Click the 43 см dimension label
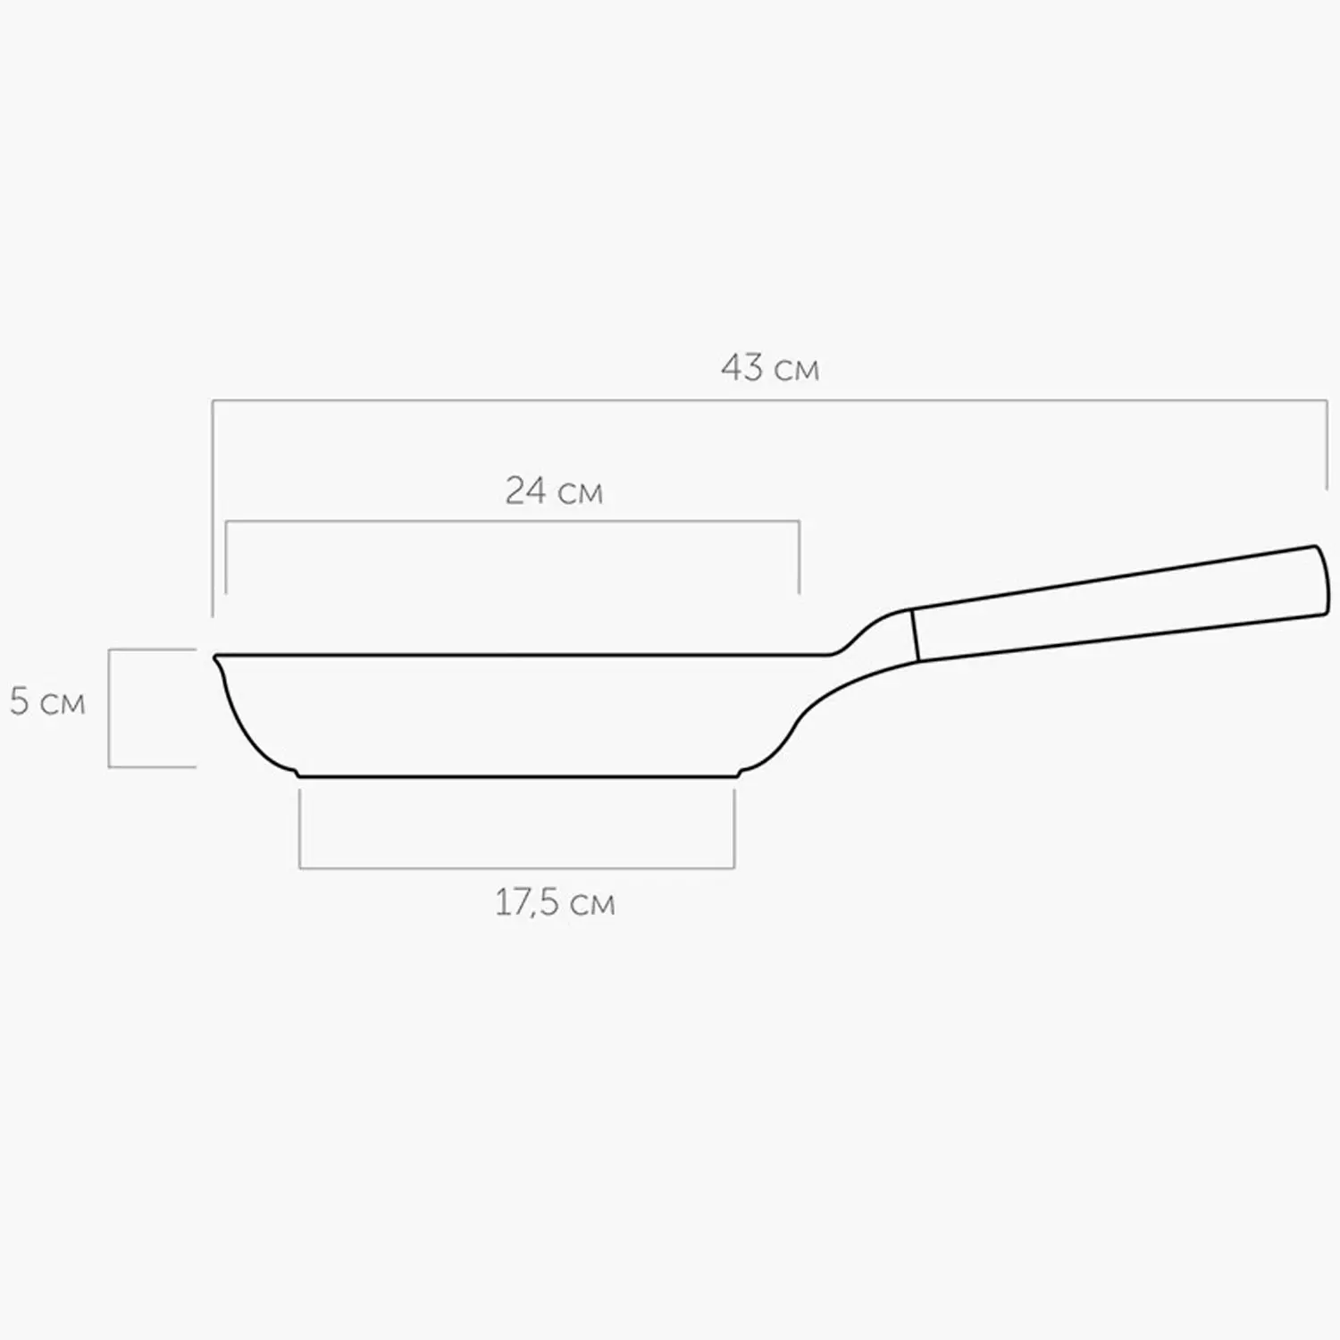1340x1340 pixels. pyautogui.click(x=770, y=367)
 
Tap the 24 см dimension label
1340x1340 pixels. pyautogui.click(x=554, y=490)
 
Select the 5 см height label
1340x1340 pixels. pyautogui.click(x=47, y=701)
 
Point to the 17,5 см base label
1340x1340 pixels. pyautogui.click(x=555, y=902)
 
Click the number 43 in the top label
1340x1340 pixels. pyautogui.click(x=742, y=367)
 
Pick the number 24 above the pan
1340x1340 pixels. pyautogui.click(x=526, y=490)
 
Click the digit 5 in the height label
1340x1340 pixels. pyautogui.click(x=20, y=701)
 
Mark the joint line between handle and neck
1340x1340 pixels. pyautogui.click(x=915, y=635)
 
